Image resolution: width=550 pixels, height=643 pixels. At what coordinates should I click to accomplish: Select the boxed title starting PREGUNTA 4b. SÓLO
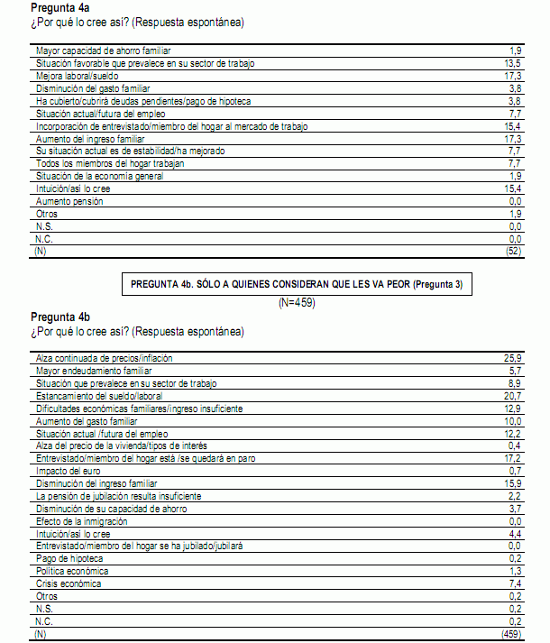(x=297, y=284)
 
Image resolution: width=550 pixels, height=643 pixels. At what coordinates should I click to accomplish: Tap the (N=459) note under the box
(x=297, y=302)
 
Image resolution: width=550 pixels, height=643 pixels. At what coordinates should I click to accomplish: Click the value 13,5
(x=514, y=64)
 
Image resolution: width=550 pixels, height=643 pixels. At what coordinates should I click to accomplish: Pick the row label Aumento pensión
(x=69, y=201)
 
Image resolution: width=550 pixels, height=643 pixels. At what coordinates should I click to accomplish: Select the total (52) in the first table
(x=513, y=252)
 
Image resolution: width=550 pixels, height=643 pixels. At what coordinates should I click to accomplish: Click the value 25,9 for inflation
(x=514, y=358)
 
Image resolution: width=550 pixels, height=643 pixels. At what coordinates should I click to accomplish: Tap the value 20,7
(x=514, y=396)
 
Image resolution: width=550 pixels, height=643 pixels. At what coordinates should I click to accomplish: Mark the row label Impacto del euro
(x=69, y=471)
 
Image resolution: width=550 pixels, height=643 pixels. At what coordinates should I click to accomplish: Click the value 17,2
(x=514, y=458)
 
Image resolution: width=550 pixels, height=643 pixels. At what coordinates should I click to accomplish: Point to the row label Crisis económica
(x=69, y=584)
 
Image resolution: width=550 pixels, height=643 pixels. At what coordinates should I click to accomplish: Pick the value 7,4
(x=516, y=584)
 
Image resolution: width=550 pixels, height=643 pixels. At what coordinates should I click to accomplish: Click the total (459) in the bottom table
(x=511, y=635)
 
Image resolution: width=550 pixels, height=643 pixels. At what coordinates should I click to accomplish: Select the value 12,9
(x=514, y=409)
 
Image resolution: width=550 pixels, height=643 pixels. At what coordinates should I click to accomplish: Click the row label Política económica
(x=71, y=572)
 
